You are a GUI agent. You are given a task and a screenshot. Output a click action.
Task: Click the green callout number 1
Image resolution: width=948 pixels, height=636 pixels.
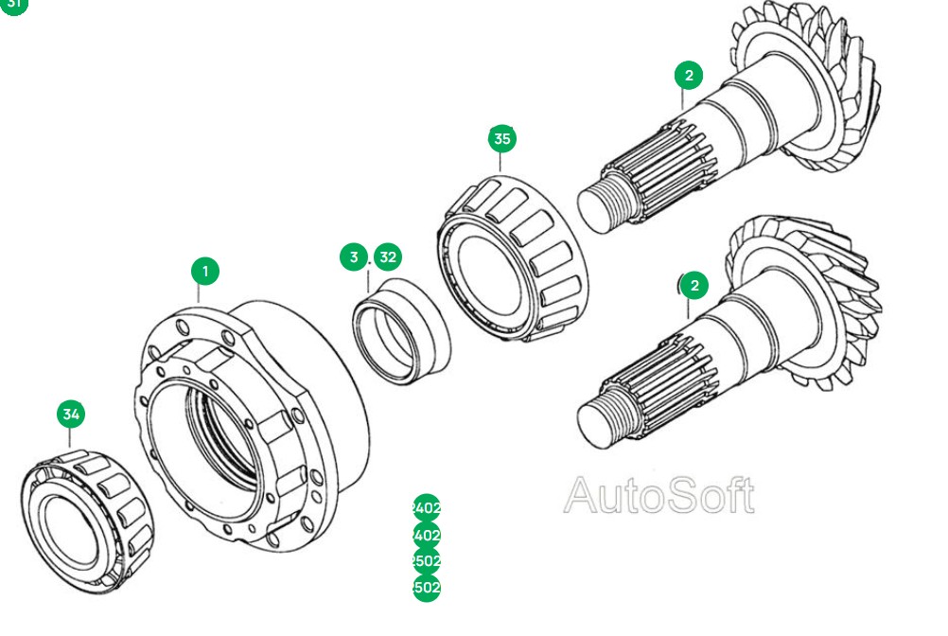204,272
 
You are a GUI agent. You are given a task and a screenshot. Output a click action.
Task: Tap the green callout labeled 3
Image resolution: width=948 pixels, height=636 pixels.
354,256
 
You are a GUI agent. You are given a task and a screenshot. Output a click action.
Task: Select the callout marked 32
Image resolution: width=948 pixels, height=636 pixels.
387,256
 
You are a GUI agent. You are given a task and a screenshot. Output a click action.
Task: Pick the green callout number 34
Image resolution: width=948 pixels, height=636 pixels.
71,414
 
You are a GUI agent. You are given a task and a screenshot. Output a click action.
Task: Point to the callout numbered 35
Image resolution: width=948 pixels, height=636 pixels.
502,138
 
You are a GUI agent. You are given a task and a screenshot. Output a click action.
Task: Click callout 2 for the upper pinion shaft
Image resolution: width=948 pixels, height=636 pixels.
689,76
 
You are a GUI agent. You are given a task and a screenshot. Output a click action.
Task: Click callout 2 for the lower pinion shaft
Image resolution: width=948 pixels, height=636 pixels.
693,285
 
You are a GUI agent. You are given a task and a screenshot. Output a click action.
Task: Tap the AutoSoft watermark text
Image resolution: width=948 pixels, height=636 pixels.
659,496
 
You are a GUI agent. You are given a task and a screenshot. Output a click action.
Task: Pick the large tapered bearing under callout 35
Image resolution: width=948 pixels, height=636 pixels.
516,260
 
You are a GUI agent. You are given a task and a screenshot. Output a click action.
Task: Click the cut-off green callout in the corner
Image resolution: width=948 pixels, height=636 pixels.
13,5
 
